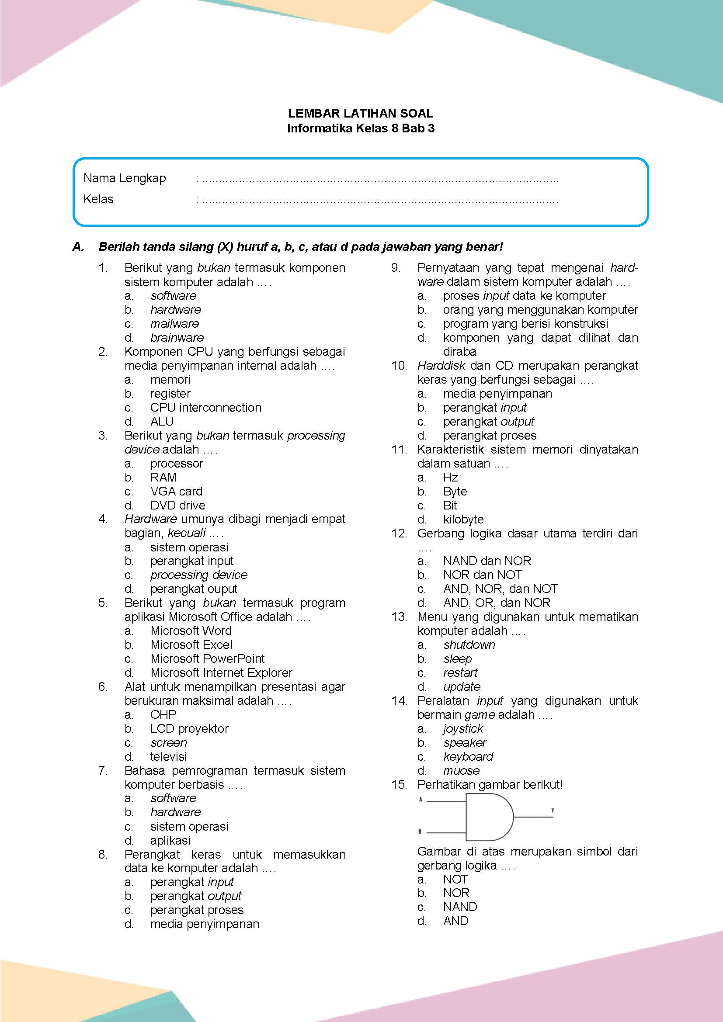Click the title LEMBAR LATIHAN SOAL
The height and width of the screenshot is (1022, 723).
coord(361,113)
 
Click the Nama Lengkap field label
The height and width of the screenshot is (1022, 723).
coord(124,178)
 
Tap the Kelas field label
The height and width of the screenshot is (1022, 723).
coord(98,199)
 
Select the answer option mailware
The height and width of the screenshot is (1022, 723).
coord(174,324)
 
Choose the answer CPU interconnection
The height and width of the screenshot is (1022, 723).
coord(206,407)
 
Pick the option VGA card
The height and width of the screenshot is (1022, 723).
coord(176,491)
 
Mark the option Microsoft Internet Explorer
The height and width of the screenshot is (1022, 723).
coord(221,672)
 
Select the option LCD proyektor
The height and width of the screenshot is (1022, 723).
coord(189,729)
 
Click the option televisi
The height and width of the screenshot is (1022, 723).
coord(168,756)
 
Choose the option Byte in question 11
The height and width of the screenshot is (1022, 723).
coord(455,492)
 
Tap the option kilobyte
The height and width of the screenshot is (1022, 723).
coord(463,519)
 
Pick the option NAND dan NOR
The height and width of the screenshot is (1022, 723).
coord(487,561)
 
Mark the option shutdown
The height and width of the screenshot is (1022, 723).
coord(469,644)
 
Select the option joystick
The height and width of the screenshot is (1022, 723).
coord(463,729)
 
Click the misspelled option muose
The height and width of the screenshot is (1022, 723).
coord(461,770)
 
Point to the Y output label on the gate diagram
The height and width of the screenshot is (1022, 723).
coord(553,811)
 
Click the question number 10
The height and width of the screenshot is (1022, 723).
coord(400,365)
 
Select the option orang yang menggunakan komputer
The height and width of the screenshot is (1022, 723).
coord(540,309)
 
